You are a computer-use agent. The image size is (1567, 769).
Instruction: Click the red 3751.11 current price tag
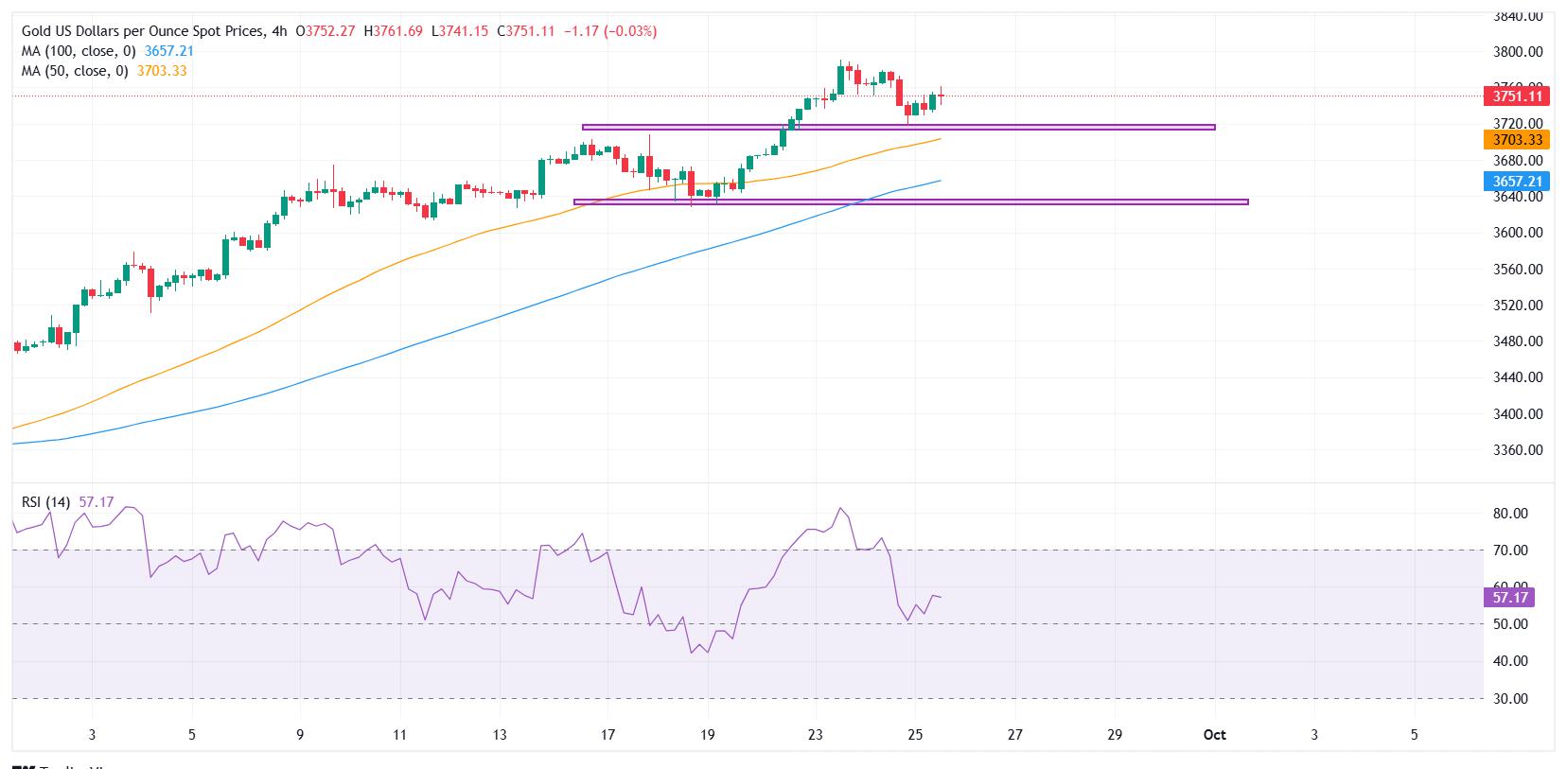1518,96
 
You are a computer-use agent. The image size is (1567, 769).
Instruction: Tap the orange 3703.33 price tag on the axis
1518,140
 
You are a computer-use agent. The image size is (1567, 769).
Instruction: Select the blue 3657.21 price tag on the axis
1518,181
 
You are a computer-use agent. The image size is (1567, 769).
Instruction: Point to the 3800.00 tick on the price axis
1518,52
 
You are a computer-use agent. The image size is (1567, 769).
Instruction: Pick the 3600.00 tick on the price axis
1518,233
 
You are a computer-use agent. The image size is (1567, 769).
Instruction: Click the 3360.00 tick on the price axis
1518,450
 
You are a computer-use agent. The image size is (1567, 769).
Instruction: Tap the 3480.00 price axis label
1518,341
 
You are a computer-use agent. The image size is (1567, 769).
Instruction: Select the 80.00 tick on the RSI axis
1510,514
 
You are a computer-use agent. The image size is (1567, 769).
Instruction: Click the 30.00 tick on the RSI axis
1510,699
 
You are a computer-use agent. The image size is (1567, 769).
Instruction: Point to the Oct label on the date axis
1215,735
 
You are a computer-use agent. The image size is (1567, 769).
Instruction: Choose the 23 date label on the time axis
816,735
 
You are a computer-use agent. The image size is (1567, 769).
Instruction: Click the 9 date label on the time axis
300,735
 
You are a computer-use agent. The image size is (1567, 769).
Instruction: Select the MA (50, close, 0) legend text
76,71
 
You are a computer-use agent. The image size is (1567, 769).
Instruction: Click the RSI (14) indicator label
46,502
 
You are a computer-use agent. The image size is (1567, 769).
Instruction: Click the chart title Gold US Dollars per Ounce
142,31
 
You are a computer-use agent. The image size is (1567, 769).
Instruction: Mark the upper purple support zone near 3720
898,127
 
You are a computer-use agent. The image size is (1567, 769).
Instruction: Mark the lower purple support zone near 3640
910,201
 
